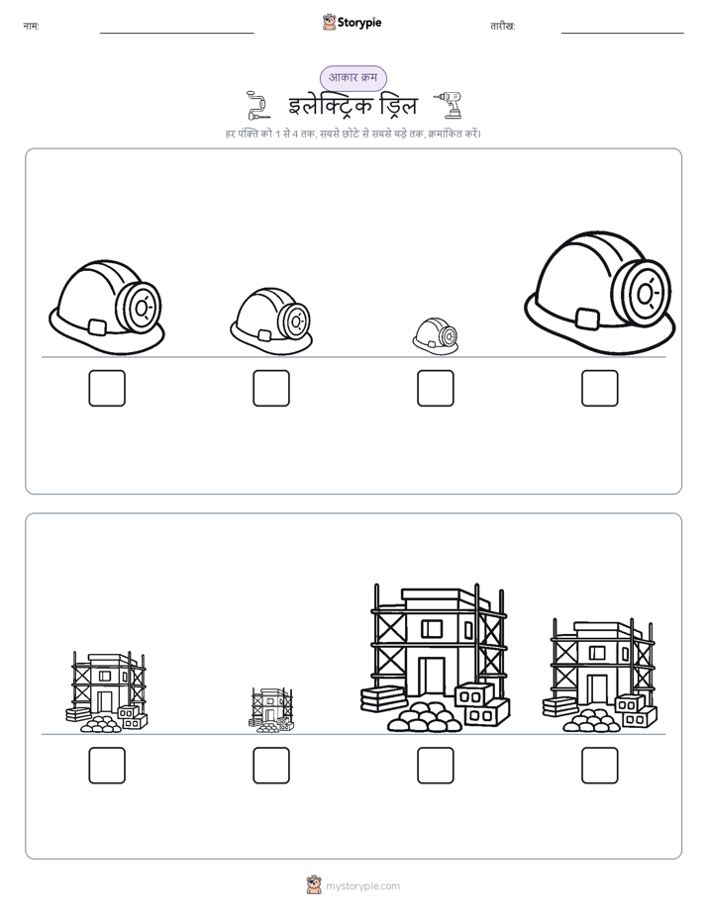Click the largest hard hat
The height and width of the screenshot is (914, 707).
599,293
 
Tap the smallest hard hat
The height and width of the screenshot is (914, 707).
435,335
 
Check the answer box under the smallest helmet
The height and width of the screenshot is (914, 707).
435,388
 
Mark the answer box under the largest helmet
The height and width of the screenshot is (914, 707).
600,388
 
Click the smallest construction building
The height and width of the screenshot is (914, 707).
271,710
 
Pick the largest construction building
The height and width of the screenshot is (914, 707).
435,658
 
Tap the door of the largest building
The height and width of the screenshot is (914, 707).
432,676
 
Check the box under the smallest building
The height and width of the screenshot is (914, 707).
271,766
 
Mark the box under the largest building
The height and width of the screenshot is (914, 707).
435,766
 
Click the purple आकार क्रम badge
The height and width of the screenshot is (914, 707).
353,78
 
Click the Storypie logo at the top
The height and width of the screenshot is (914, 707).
352,22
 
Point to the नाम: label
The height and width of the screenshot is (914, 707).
31,26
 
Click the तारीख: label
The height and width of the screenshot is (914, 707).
503,26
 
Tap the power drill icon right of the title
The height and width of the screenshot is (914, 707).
449,105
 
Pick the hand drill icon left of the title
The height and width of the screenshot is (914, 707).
257,106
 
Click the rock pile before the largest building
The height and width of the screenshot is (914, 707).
425,717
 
